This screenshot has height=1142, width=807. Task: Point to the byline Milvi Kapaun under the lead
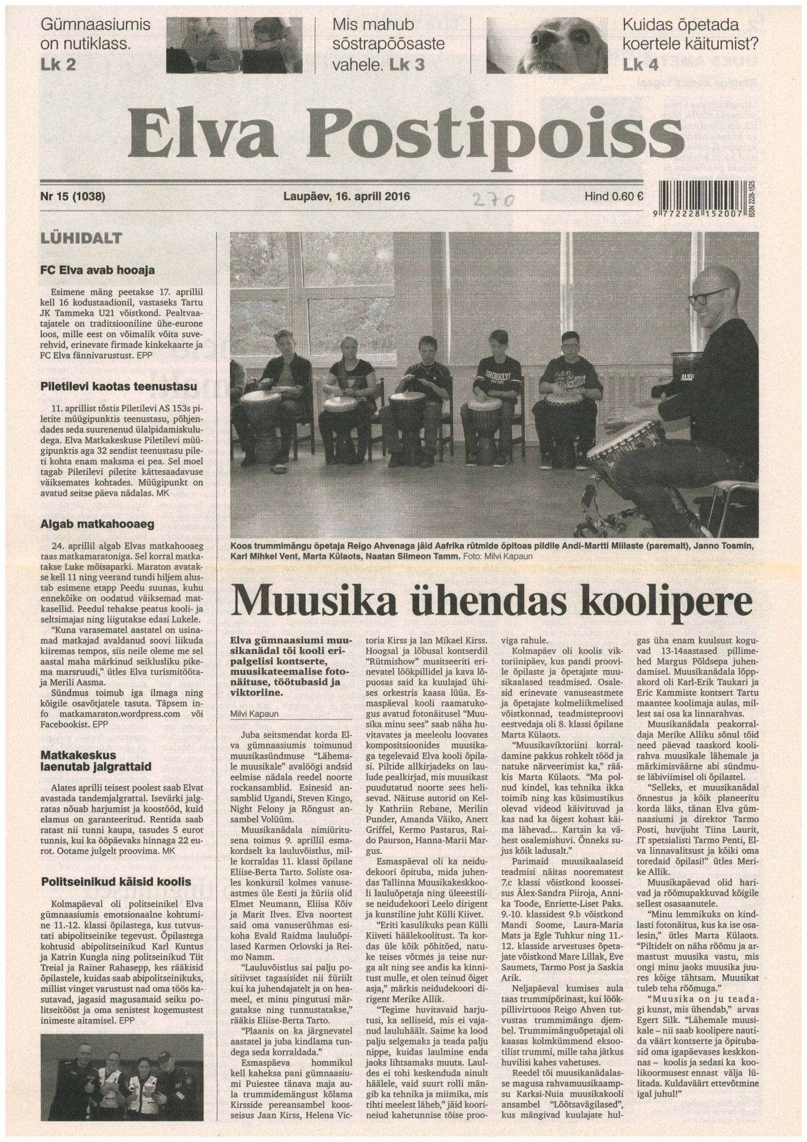point(254,714)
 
